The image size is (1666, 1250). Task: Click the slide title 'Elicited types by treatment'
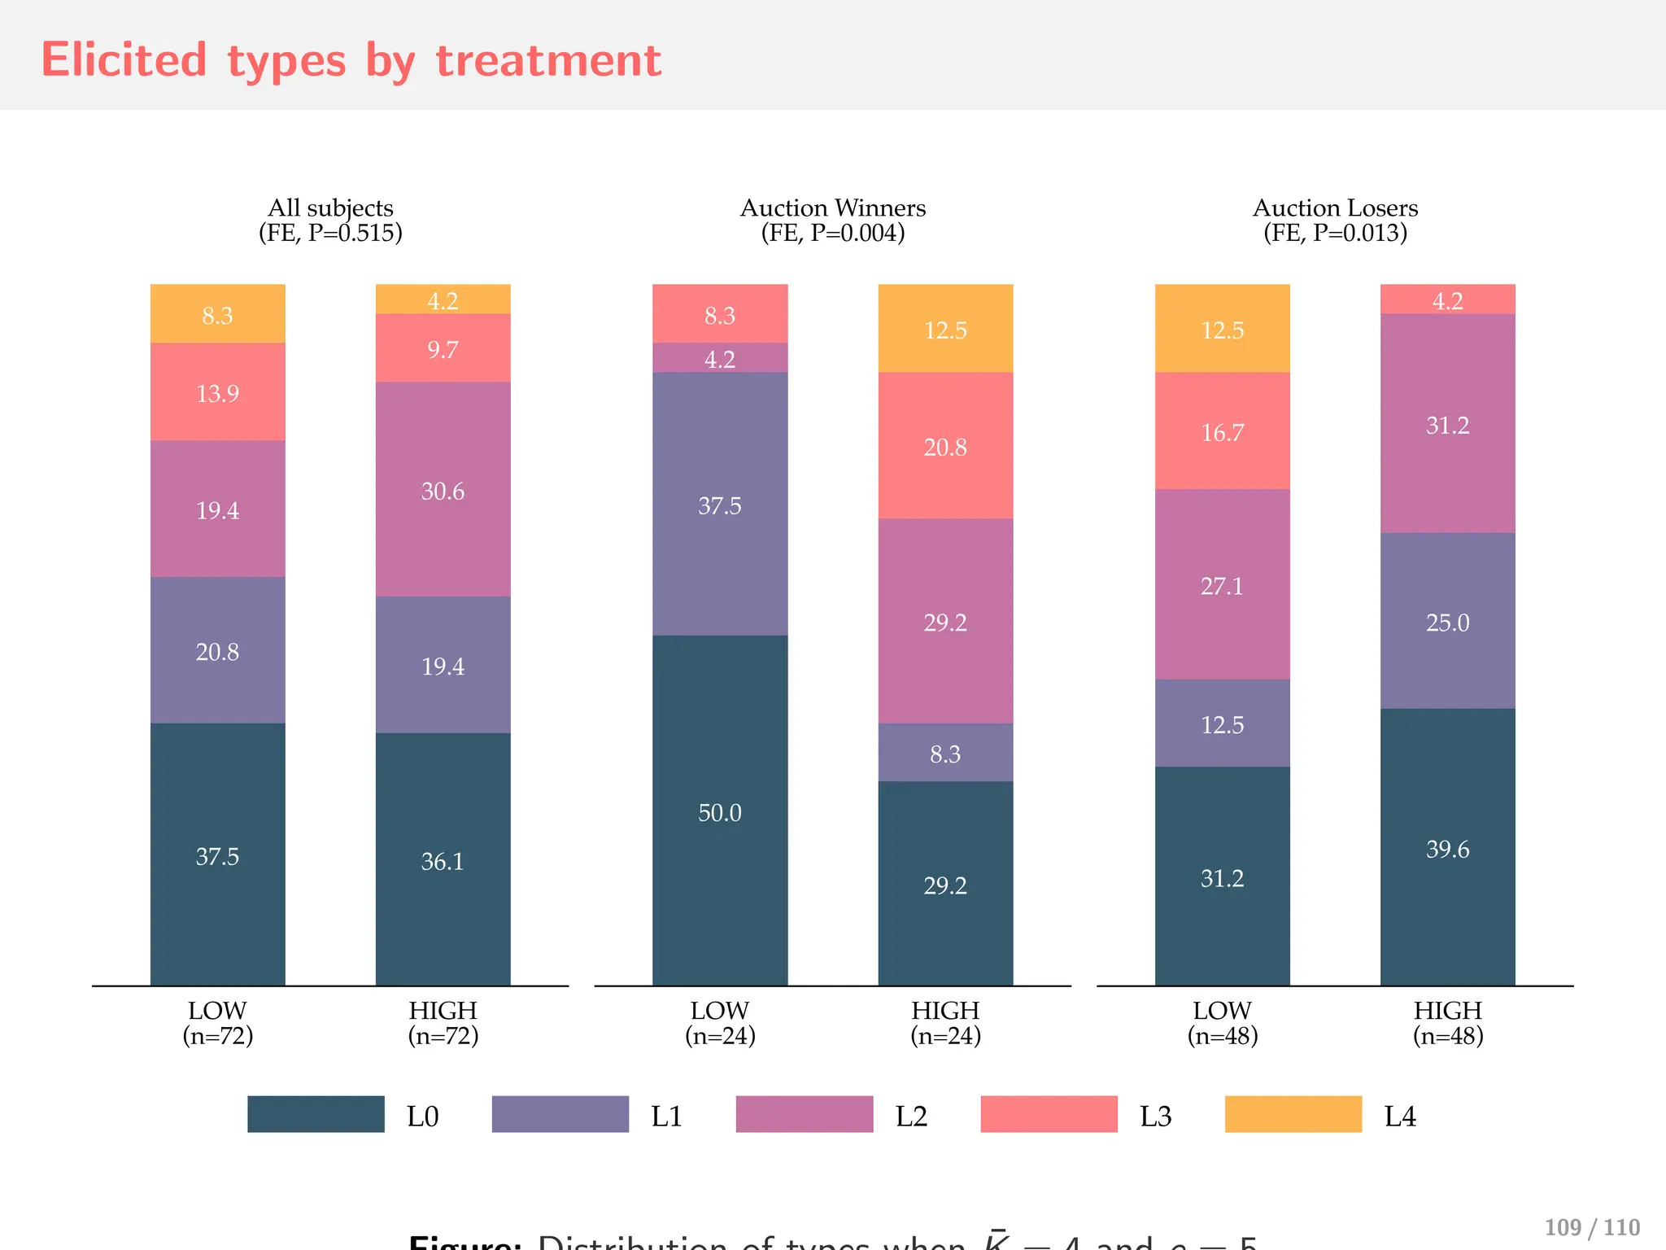pos(351,60)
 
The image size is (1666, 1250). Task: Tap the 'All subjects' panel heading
pos(330,208)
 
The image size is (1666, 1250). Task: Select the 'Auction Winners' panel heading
pos(832,208)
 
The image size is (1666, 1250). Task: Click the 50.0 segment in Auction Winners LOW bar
pos(720,811)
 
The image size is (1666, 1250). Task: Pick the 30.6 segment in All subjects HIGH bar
pos(443,490)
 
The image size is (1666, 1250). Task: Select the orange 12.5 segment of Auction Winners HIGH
pos(945,329)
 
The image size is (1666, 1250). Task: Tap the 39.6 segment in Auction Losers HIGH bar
pos(1447,848)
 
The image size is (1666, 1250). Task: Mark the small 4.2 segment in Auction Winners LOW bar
pos(720,358)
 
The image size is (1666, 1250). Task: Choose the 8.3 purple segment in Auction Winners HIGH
pos(945,753)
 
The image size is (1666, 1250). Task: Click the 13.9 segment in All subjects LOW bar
pos(217,392)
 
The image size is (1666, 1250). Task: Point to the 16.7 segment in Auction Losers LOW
pos(1222,431)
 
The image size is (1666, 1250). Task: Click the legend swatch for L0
pos(316,1114)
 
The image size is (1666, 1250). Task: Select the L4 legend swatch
pos(1293,1114)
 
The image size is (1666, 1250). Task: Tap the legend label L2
pos(911,1116)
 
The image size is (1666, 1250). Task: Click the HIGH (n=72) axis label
pos(443,1023)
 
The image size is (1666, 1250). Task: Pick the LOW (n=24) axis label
pos(720,1023)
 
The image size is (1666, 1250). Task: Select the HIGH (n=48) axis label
pos(1447,1023)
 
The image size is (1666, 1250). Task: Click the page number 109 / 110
pos(1591,1227)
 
